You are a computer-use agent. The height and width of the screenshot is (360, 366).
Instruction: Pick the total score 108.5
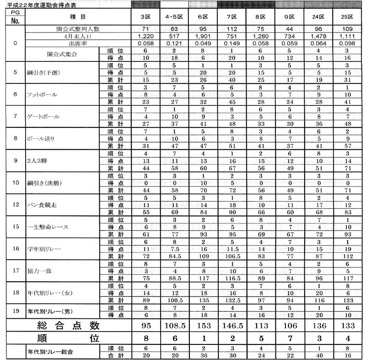[x=174, y=326]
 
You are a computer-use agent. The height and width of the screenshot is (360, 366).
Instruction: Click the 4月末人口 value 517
[x=174, y=36]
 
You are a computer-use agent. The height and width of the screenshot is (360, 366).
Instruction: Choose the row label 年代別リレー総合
[x=50, y=352]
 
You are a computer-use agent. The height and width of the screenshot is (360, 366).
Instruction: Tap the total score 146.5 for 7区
[x=231, y=326]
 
